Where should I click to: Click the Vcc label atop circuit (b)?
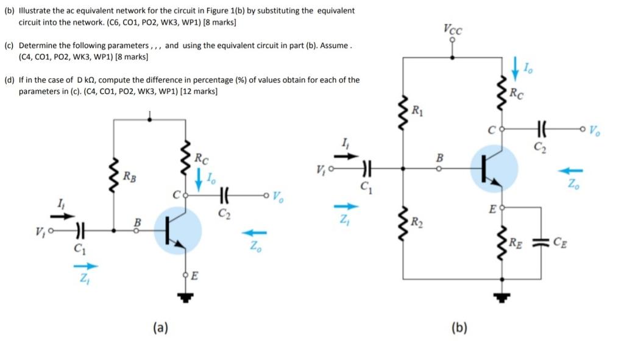(x=452, y=29)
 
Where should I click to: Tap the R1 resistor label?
(x=418, y=110)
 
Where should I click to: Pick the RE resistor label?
(x=516, y=244)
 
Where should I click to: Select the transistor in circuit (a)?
(x=177, y=231)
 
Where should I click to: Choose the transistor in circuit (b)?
(x=494, y=169)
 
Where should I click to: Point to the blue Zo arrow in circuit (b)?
(x=572, y=171)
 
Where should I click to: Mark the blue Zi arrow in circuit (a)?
(x=85, y=266)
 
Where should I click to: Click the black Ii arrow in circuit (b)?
(x=344, y=155)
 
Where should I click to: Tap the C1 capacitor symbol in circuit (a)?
(x=79, y=231)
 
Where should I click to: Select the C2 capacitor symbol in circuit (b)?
(x=541, y=129)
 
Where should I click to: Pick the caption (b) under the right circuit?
(x=459, y=328)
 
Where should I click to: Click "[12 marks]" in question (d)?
(x=199, y=91)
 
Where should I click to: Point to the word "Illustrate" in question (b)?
(x=36, y=11)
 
